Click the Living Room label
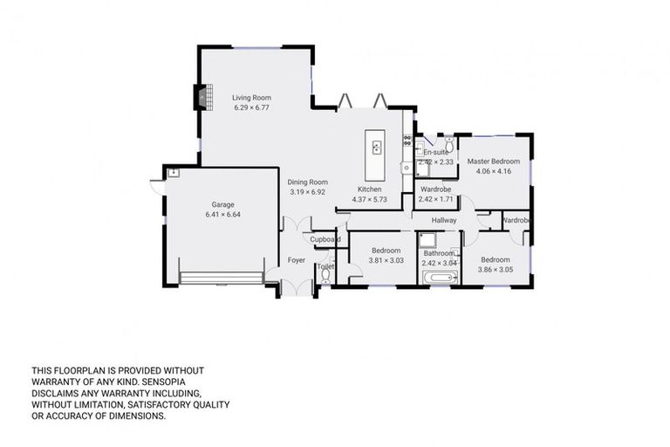(251, 98)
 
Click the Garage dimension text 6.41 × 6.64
(222, 214)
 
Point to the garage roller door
(222, 278)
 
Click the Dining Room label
(307, 182)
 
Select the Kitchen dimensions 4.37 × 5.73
(368, 200)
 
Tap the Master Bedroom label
(493, 162)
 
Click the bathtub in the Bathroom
(438, 279)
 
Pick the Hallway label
(443, 221)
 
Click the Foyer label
(296, 260)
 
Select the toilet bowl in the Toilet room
(325, 276)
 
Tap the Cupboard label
(325, 239)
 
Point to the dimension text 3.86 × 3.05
(496, 270)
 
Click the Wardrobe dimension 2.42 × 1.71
(436, 200)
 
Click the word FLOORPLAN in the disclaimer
(73, 370)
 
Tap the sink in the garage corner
(174, 173)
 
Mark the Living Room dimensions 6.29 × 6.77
(251, 108)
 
